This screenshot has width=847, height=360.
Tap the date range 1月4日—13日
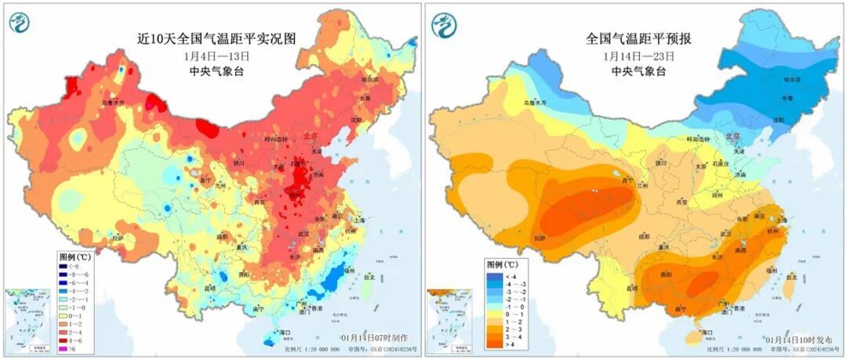[x=216, y=56]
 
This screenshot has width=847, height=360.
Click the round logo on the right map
[x=445, y=24]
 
